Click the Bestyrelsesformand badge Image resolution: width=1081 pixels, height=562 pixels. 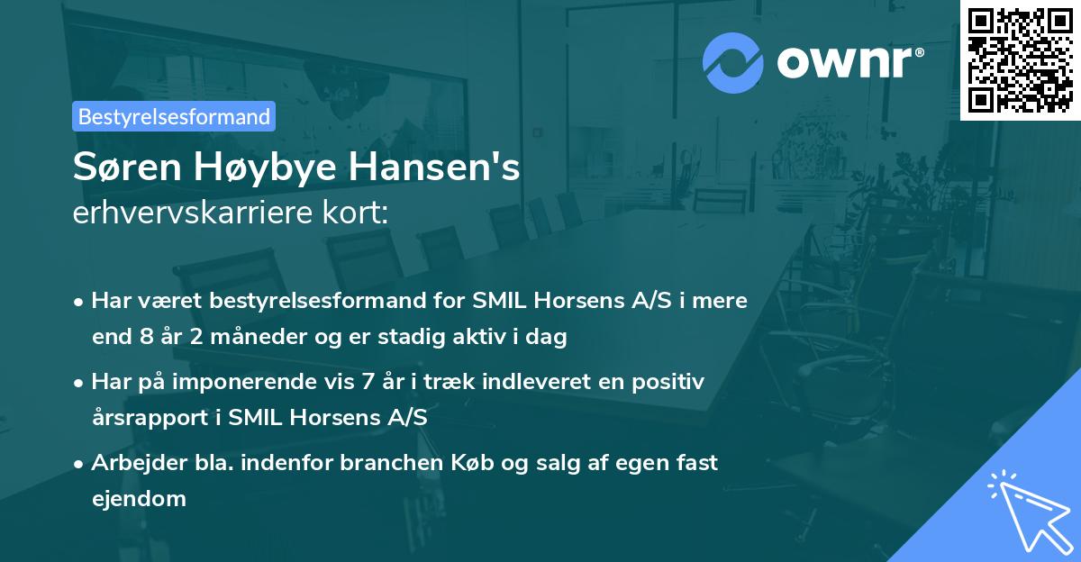pyautogui.click(x=174, y=116)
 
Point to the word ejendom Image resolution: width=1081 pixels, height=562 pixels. pyautogui.click(x=139, y=498)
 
